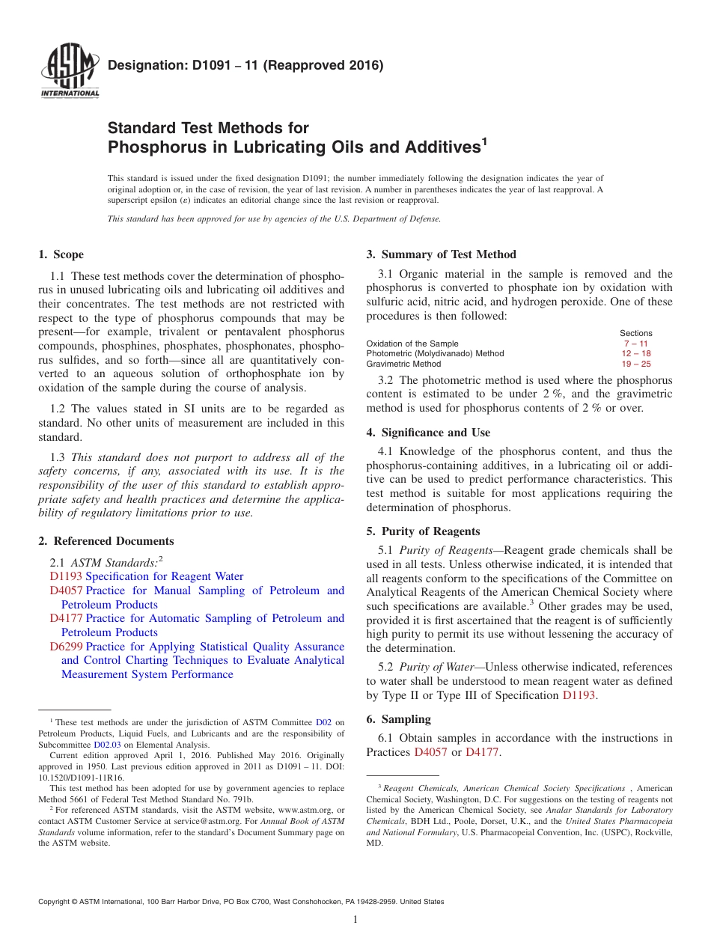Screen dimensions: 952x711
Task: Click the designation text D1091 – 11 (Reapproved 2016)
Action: point(245,66)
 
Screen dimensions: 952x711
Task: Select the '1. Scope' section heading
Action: point(61,254)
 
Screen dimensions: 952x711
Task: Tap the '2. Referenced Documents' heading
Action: point(106,541)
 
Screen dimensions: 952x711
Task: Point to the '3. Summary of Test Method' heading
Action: point(441,254)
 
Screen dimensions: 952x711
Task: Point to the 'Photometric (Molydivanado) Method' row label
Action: point(435,354)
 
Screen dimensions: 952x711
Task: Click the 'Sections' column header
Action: point(635,333)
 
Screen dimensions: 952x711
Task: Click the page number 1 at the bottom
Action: point(355,920)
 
